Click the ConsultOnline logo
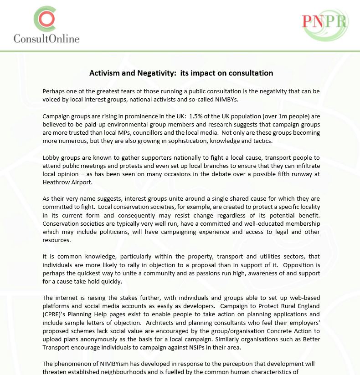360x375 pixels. click(x=46, y=25)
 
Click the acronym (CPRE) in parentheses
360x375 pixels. click(x=52, y=314)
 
